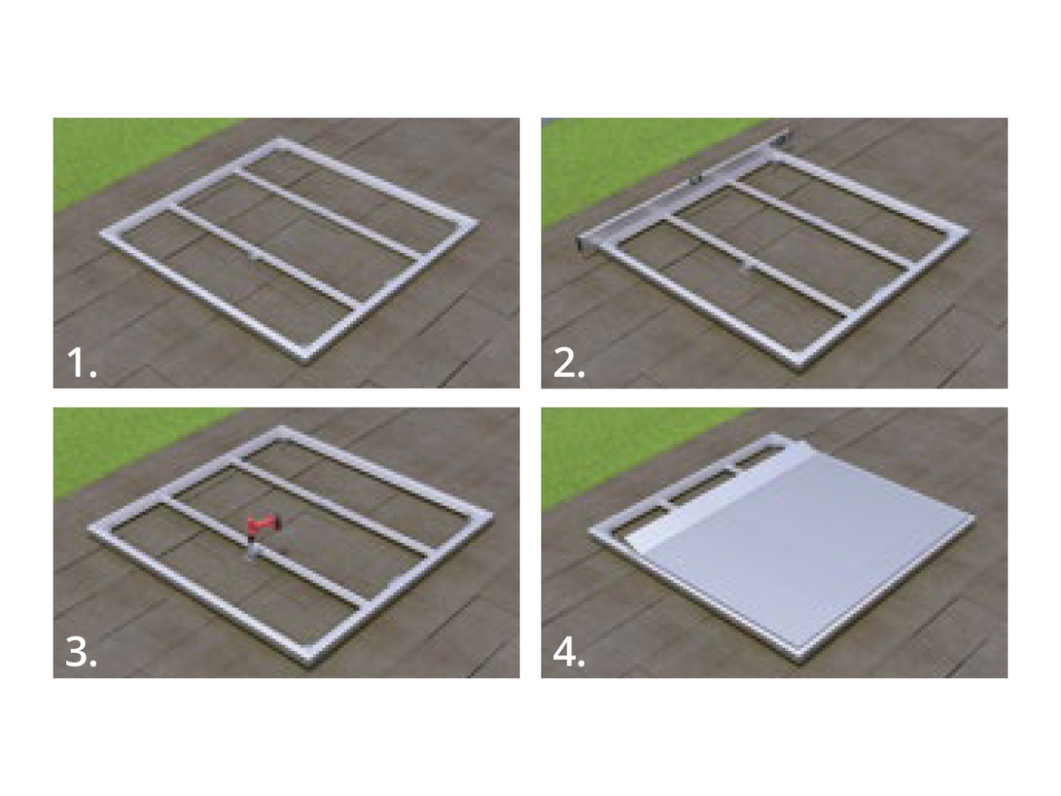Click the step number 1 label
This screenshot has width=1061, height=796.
[x=82, y=364]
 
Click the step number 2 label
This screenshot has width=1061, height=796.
[x=569, y=364]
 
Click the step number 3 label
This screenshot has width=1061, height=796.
[x=82, y=654]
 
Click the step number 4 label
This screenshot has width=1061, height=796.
[x=569, y=654]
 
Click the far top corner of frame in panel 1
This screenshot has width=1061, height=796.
[x=281, y=141]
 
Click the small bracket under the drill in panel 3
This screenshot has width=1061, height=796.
[x=253, y=551]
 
